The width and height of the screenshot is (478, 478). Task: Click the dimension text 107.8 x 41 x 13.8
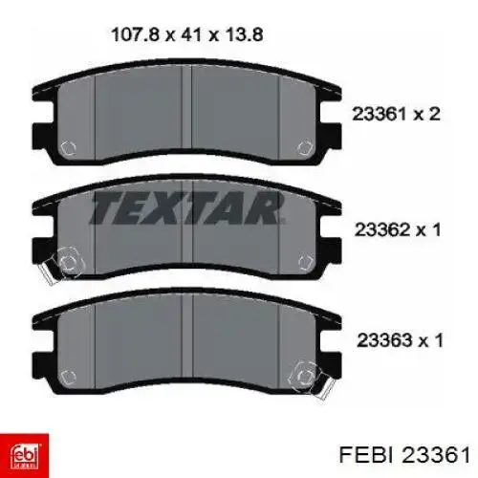[x=187, y=34]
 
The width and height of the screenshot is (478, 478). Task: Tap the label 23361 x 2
[x=396, y=114]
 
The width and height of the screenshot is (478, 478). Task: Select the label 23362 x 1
[x=398, y=229]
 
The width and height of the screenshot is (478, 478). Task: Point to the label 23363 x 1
[x=400, y=340]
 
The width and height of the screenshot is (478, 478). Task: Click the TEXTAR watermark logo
[x=187, y=207]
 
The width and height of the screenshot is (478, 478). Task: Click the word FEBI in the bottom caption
[x=368, y=454]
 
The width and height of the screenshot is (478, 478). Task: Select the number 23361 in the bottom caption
[x=436, y=454]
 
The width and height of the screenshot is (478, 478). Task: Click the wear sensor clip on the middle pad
[x=60, y=265]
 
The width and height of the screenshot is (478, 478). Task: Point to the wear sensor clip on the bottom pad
[x=311, y=379]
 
